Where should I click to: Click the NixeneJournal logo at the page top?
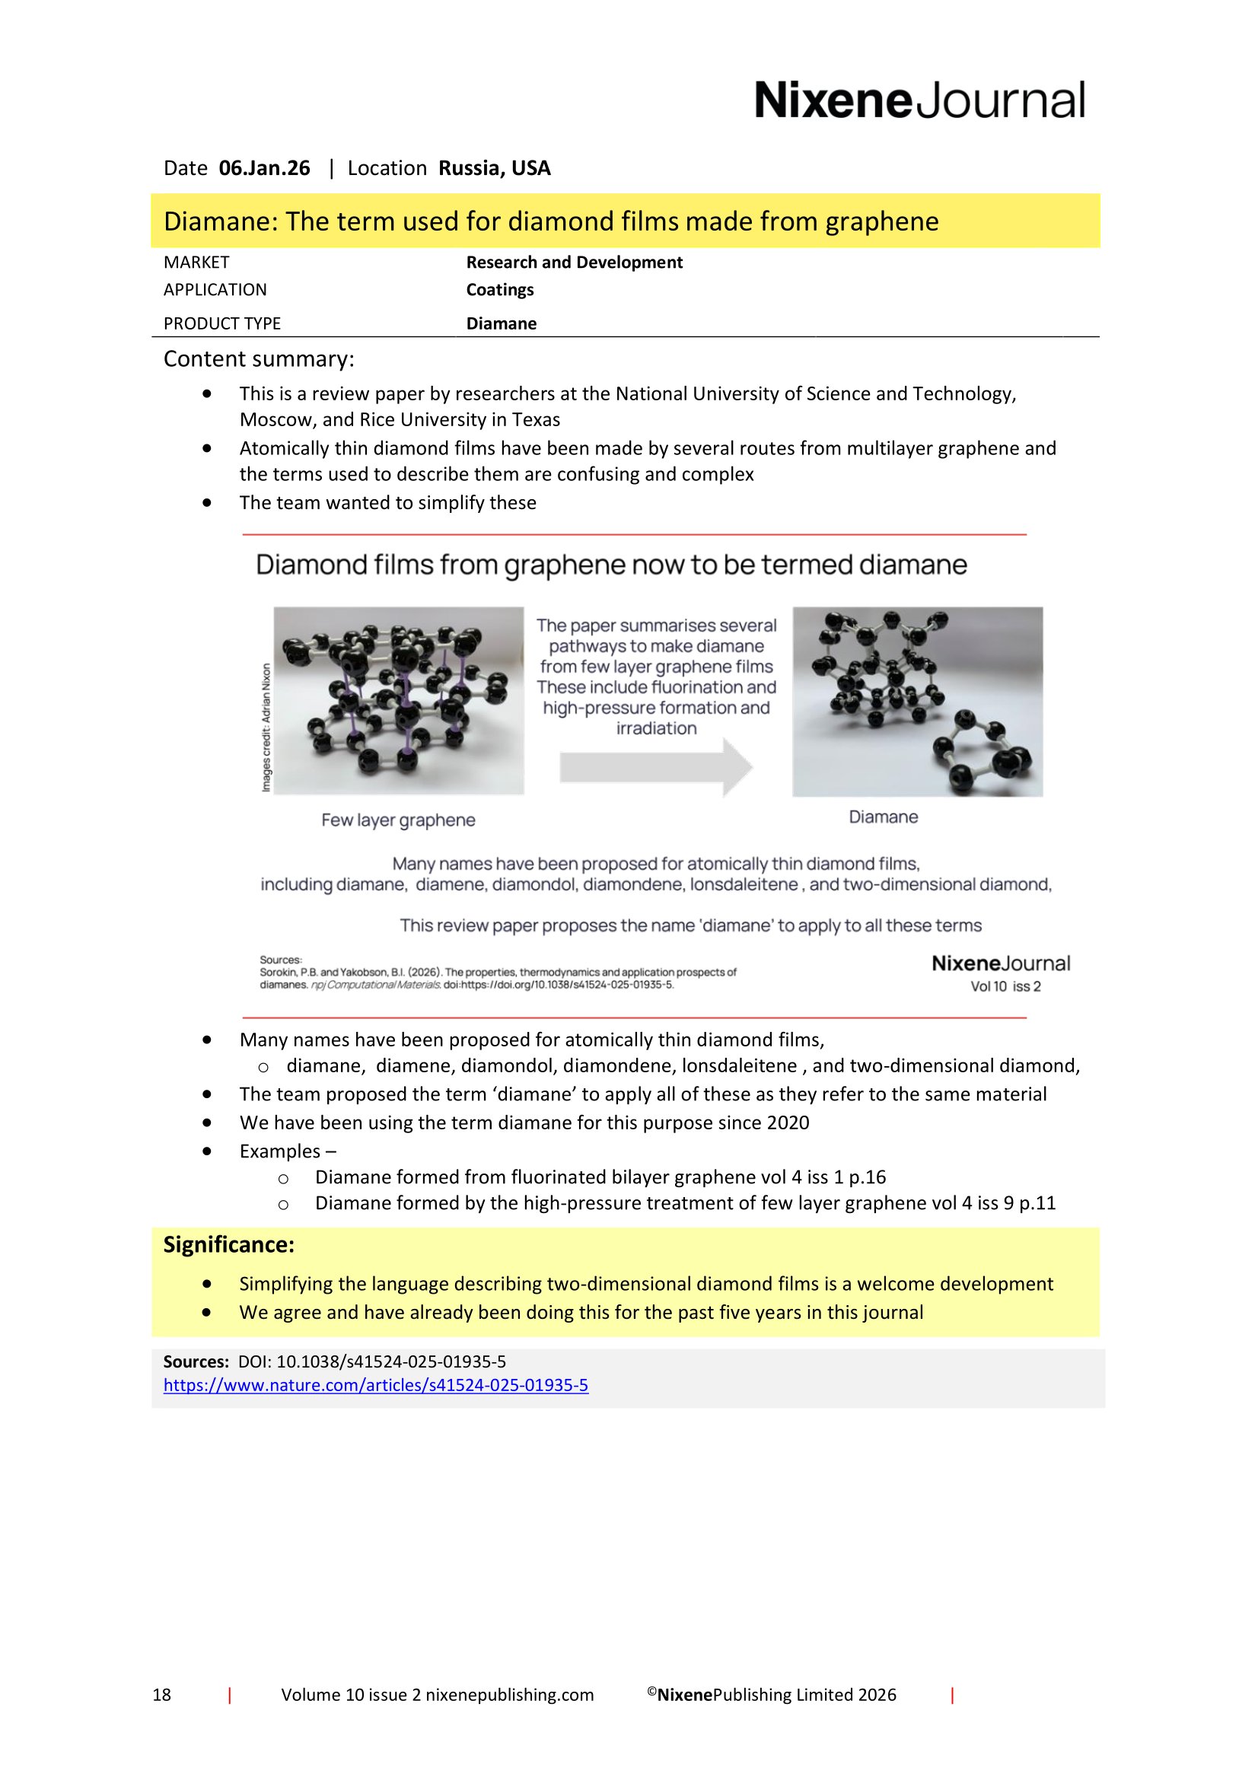pos(919,100)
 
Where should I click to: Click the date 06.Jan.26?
pos(264,168)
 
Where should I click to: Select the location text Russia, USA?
pos(494,168)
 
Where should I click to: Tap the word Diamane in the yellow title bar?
pos(219,221)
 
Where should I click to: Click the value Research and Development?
pos(574,262)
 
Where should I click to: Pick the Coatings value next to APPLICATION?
pos(499,290)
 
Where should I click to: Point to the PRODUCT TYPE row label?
pos(221,323)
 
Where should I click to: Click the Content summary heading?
pos(258,359)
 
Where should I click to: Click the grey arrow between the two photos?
pos(656,767)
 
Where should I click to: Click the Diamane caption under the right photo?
pos(883,817)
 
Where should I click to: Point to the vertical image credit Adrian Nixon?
pos(266,728)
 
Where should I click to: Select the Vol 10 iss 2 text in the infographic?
pos(1005,986)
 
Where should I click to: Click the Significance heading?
pos(228,1244)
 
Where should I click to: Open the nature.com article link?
pos(375,1384)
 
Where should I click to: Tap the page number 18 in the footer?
pos(161,1695)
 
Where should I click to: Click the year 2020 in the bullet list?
pos(788,1122)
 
